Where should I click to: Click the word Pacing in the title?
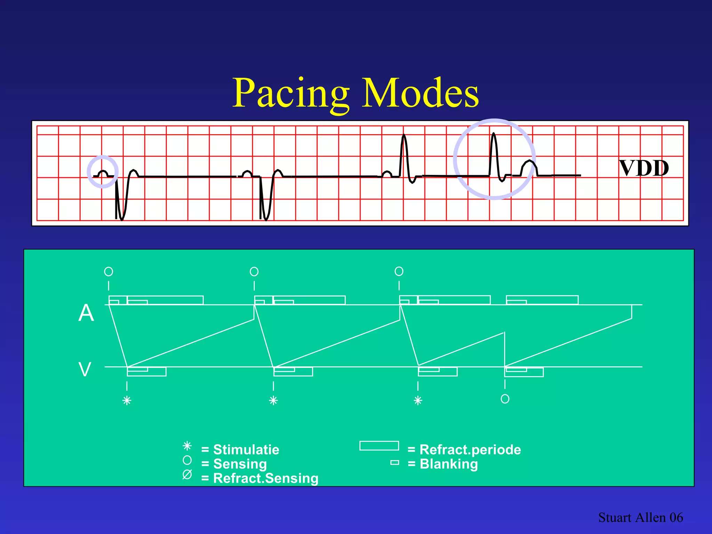(x=291, y=93)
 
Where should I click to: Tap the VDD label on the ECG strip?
(x=644, y=168)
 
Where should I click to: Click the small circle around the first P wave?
(x=103, y=172)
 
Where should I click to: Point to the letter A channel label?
(x=86, y=313)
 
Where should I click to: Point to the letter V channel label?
(x=85, y=369)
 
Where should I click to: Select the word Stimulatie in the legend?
(x=246, y=450)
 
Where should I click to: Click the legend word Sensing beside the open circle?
(x=240, y=464)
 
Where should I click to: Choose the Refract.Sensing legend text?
(x=266, y=478)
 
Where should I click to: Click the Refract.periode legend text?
(x=470, y=450)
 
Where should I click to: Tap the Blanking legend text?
(x=449, y=464)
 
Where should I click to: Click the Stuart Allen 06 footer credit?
(x=640, y=517)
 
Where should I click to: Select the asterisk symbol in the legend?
(x=187, y=446)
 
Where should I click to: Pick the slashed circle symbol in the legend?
(x=187, y=474)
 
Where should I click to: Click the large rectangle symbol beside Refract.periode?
(x=379, y=446)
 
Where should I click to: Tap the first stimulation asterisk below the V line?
(x=127, y=400)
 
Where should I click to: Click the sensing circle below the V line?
(x=505, y=399)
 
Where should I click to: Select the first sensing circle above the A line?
(x=108, y=271)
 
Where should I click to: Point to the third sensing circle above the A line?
(x=399, y=271)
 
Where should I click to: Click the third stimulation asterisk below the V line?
(x=418, y=400)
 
